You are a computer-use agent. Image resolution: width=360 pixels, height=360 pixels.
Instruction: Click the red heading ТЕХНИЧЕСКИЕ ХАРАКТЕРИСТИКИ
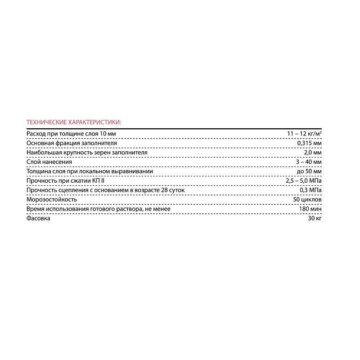point(74,122)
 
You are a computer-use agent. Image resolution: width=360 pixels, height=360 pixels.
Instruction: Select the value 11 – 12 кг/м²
point(304,134)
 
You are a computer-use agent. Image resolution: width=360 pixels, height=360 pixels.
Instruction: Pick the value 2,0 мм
point(314,153)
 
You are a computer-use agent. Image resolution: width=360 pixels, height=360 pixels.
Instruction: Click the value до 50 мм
point(309,171)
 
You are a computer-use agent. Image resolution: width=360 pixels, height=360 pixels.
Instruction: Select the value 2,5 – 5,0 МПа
point(304,181)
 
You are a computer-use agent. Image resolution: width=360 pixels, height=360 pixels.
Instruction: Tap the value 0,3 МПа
point(310,190)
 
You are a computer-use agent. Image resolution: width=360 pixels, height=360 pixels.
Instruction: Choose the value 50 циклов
point(307,199)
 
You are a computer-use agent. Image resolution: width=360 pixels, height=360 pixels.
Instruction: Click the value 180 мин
point(310,209)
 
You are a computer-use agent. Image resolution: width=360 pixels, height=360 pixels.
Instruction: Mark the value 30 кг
point(315,218)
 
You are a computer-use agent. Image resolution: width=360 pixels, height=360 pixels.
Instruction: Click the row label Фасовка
point(39,218)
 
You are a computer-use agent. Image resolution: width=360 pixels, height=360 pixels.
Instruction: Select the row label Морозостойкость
point(52,199)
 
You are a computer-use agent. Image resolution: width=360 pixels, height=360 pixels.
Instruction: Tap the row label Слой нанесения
point(49,162)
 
